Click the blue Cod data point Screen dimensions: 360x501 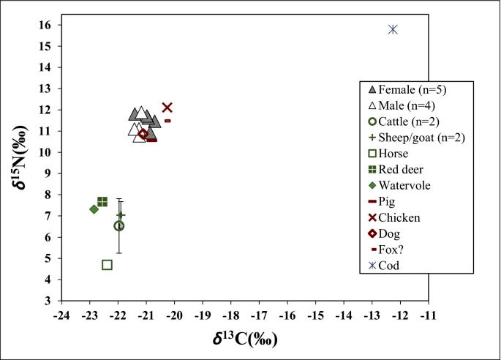393,29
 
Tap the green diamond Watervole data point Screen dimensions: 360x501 94,209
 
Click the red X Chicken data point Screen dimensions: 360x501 167,108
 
